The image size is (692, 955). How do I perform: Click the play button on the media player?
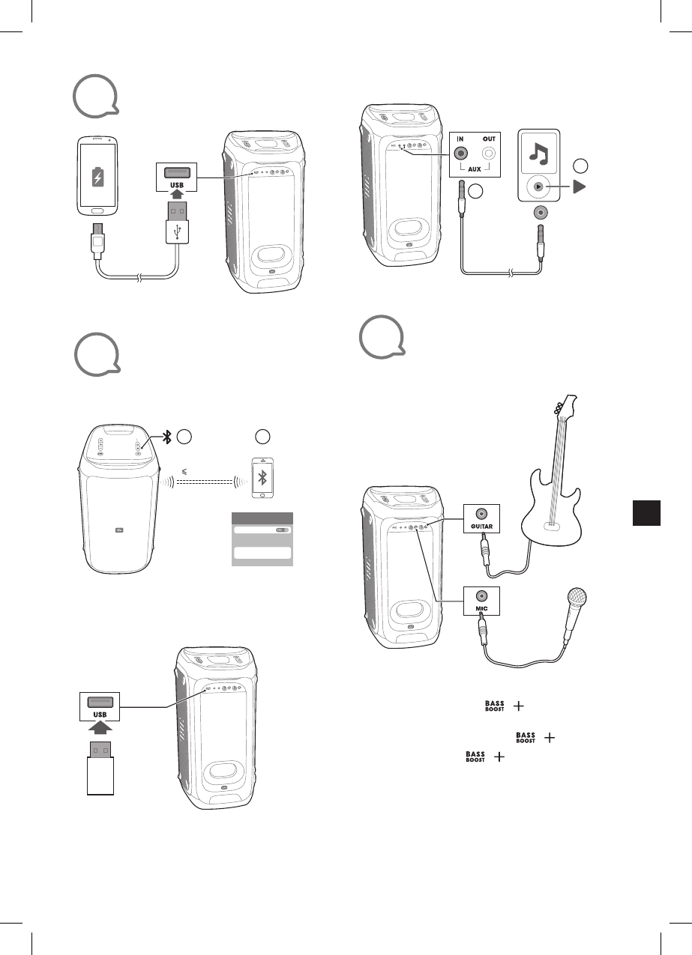tap(538, 187)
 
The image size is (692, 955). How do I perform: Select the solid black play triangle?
tap(580, 187)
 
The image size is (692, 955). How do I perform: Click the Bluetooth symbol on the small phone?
tap(262, 479)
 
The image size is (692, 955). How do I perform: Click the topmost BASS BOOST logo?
tap(494, 705)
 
